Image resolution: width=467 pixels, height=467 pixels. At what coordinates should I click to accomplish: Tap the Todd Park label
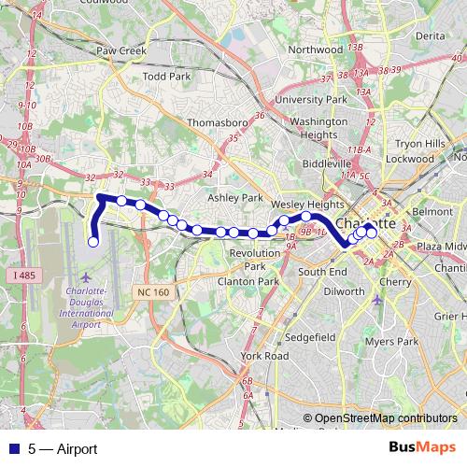click(x=167, y=77)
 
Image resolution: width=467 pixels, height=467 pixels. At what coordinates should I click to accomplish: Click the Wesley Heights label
click(x=295, y=204)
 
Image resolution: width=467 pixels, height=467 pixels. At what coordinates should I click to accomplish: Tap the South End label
click(x=322, y=271)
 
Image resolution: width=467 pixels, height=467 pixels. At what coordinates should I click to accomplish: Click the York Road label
click(x=263, y=356)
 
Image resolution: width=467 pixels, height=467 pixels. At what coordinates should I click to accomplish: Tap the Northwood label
click(x=316, y=50)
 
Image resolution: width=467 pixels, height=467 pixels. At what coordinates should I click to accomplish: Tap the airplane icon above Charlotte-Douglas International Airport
click(x=87, y=277)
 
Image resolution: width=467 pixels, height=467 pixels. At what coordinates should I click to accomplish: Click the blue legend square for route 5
click(x=13, y=449)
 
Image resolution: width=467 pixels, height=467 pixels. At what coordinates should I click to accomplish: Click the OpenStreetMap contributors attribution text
click(x=386, y=418)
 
